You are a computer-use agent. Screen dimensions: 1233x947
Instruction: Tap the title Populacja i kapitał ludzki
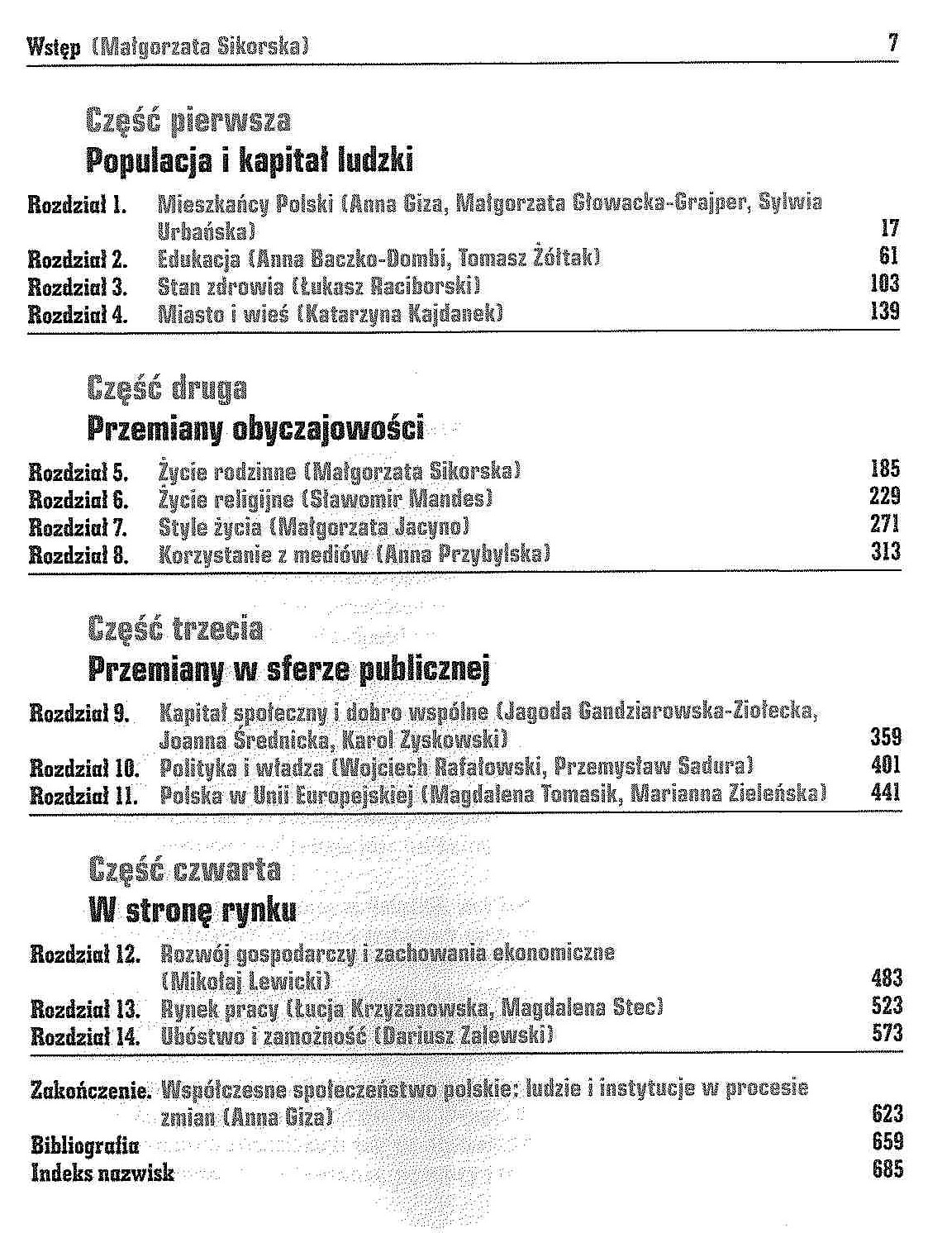250,160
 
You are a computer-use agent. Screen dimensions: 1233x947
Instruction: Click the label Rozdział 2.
78,259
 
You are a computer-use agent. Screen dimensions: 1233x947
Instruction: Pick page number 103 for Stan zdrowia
884,285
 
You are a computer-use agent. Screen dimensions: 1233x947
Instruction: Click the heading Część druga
166,388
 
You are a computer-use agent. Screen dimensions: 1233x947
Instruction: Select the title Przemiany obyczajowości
255,429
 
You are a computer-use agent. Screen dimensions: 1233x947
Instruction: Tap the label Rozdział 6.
79,499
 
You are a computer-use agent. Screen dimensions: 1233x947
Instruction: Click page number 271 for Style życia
884,525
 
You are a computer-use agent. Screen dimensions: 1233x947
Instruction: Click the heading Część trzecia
175,630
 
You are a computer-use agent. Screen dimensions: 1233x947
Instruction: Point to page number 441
886,793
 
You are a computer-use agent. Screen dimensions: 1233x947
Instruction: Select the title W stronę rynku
192,912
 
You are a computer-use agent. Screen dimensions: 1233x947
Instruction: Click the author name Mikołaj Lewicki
246,981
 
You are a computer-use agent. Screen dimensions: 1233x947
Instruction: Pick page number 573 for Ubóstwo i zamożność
887,1033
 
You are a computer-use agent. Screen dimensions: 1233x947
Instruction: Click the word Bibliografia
84,1145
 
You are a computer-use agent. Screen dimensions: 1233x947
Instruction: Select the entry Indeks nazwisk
102,1173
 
